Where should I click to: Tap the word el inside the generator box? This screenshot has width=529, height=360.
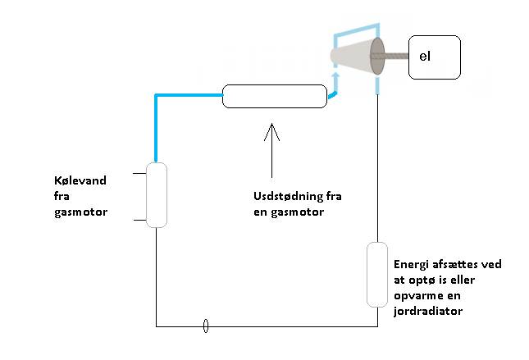coord(424,57)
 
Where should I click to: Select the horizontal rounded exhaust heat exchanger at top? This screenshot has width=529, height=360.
coord(275,96)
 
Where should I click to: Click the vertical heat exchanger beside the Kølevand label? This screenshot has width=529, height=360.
coord(156,194)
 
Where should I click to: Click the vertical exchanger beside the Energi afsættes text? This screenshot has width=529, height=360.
coord(376,274)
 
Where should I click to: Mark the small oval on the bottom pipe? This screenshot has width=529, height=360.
coord(206,326)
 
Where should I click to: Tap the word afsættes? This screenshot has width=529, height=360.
coord(449,264)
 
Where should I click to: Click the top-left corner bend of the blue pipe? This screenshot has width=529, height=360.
coord(156,96)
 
